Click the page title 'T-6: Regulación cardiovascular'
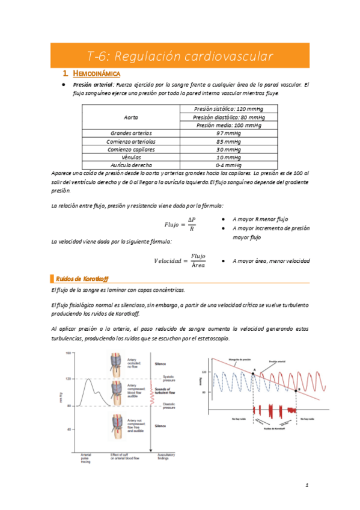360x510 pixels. pyautogui.click(x=180, y=57)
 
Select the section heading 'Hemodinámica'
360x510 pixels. pyautogui.click(x=96, y=73)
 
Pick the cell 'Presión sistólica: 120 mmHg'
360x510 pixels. pyautogui.click(x=228, y=108)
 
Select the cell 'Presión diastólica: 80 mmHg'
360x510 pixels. pyautogui.click(x=228, y=117)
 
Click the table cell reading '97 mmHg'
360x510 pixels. pyautogui.click(x=228, y=133)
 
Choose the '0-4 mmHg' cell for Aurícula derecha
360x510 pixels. pyautogui.click(x=228, y=164)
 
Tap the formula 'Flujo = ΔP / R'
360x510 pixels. pyautogui.click(x=180, y=224)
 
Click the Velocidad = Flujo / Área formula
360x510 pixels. pyautogui.click(x=180, y=260)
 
